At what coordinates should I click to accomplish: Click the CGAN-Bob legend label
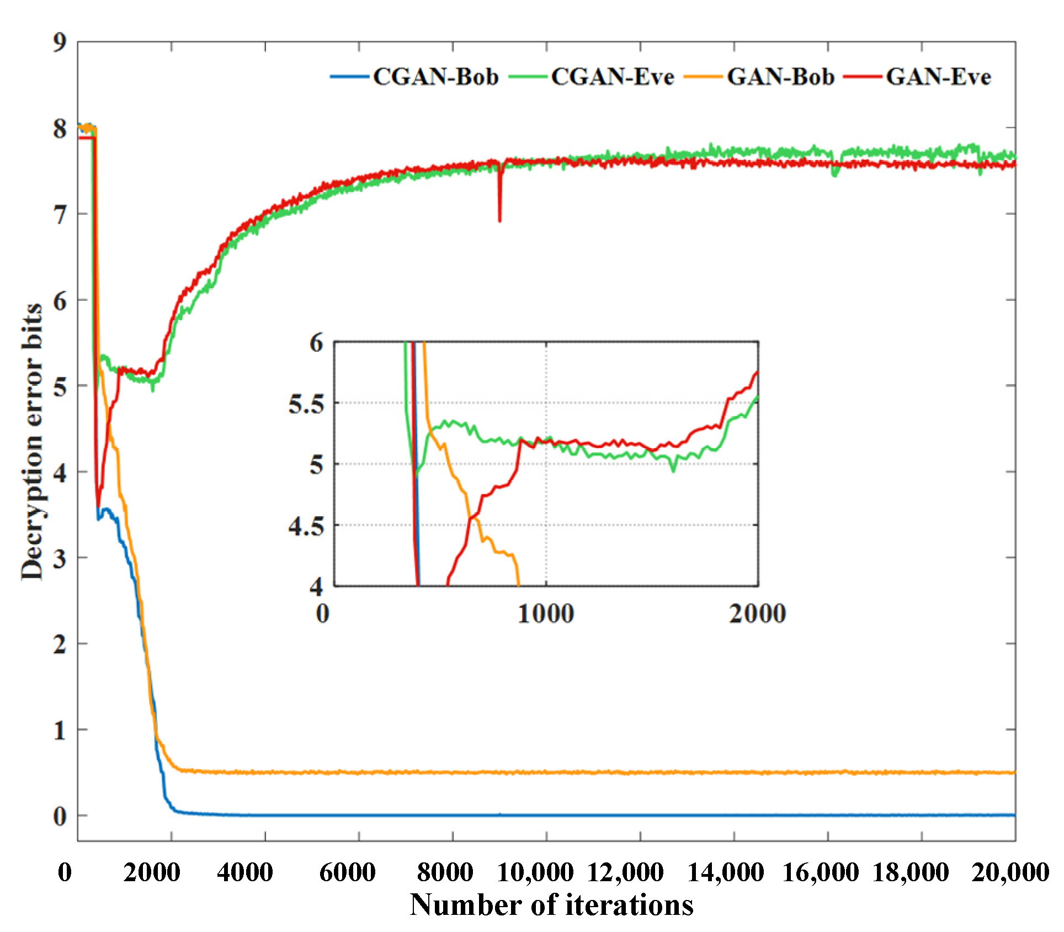(x=435, y=77)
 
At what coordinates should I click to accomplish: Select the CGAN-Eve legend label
(x=612, y=77)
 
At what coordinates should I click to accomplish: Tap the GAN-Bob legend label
(x=780, y=77)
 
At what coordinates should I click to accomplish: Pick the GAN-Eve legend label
(x=938, y=77)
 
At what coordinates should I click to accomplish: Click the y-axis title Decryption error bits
(x=32, y=442)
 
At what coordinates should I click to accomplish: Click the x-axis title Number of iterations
(x=551, y=904)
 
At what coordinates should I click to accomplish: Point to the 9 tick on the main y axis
(x=60, y=42)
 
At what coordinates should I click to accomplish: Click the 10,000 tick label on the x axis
(x=535, y=872)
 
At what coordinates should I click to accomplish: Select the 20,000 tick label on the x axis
(x=1010, y=872)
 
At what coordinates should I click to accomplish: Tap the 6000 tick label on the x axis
(x=347, y=872)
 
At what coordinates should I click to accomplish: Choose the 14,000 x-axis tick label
(x=725, y=872)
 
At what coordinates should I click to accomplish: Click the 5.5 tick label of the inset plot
(x=306, y=404)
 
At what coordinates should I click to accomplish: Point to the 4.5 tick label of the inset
(x=306, y=526)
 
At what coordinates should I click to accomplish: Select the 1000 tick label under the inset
(x=545, y=613)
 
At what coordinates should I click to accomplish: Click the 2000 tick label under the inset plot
(x=757, y=613)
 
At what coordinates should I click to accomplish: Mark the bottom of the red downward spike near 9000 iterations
(x=500, y=221)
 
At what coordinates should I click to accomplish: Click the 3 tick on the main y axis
(x=60, y=558)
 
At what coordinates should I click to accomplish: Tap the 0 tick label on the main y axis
(x=60, y=816)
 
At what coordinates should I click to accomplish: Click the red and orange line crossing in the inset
(x=473, y=517)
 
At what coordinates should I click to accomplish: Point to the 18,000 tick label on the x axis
(x=911, y=872)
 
